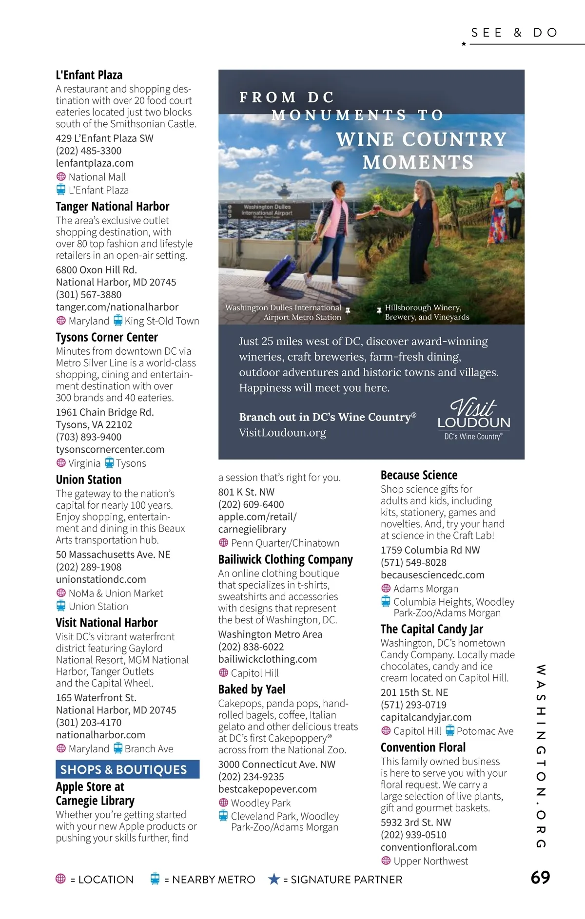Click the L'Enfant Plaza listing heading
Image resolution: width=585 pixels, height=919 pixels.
[x=89, y=75]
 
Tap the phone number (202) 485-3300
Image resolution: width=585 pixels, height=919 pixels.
[x=89, y=151]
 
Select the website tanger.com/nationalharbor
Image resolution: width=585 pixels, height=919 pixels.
[x=117, y=307]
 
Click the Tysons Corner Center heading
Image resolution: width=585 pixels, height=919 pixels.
[x=107, y=337]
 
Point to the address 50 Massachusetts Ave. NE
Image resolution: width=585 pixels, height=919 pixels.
[x=113, y=555]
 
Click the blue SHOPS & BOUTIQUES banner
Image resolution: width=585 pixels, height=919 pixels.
[x=127, y=769]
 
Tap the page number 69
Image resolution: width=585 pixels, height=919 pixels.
[x=540, y=878]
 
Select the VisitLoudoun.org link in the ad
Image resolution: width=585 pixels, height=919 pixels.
[x=282, y=433]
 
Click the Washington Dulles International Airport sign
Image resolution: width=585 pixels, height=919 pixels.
[x=267, y=210]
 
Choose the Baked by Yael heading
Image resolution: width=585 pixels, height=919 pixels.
[x=252, y=689]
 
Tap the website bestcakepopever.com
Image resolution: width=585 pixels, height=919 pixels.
[x=267, y=789]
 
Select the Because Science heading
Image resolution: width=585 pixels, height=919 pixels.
[x=419, y=475]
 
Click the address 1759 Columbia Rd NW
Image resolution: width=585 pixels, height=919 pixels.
[x=430, y=550]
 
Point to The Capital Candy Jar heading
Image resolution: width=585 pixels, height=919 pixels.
[x=431, y=629]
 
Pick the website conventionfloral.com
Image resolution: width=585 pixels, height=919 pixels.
[x=429, y=847]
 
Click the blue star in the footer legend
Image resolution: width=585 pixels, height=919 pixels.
[x=274, y=879]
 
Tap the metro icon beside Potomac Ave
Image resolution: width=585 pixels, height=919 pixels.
[x=450, y=731]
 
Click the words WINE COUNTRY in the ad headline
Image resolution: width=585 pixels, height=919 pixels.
[x=421, y=139]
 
